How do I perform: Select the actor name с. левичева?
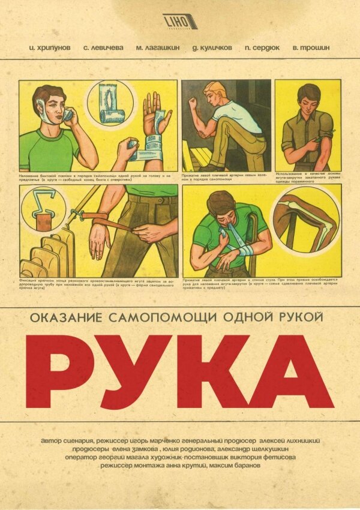click(x=103, y=46)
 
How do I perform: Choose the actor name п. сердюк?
click(x=263, y=46)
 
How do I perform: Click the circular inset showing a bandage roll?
click(x=111, y=104)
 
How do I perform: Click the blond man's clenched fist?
click(x=193, y=102)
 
